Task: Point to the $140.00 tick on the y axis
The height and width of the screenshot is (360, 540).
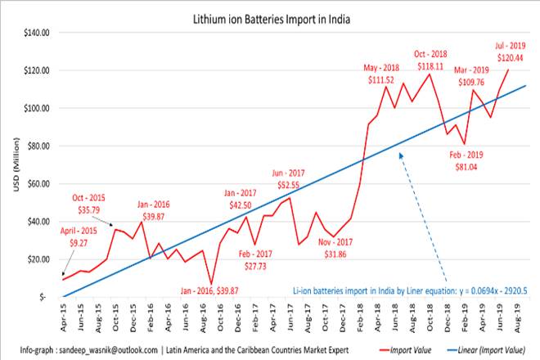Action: pyautogui.click(x=38, y=33)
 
